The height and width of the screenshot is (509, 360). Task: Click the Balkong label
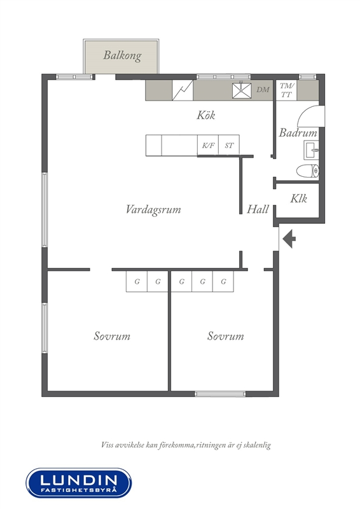pos(122,55)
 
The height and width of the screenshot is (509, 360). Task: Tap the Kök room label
pos(206,115)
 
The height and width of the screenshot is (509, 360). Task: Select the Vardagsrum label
pos(153,209)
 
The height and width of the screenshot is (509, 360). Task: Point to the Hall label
pos(258,209)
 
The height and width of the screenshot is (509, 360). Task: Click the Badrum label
pos(298,132)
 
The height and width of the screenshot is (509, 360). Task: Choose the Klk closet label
pos(299,199)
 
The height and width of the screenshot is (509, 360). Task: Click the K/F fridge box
pos(208,145)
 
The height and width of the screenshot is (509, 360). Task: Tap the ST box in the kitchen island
pos(229,145)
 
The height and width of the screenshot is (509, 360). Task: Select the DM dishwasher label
pos(263,90)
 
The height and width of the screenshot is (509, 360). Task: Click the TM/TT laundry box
pos(286,90)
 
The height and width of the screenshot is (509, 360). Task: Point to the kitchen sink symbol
pos(242,90)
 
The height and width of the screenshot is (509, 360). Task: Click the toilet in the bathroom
pos(308,171)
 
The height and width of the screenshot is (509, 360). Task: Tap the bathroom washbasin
pos(311,150)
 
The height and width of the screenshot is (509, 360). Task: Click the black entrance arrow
pos(289,239)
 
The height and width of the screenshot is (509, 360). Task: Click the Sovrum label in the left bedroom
pos(112,336)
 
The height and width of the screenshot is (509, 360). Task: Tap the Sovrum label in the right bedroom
pos(226,336)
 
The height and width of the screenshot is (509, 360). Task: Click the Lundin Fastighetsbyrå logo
pos(79,483)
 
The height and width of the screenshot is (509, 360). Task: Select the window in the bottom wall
pos(220,394)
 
